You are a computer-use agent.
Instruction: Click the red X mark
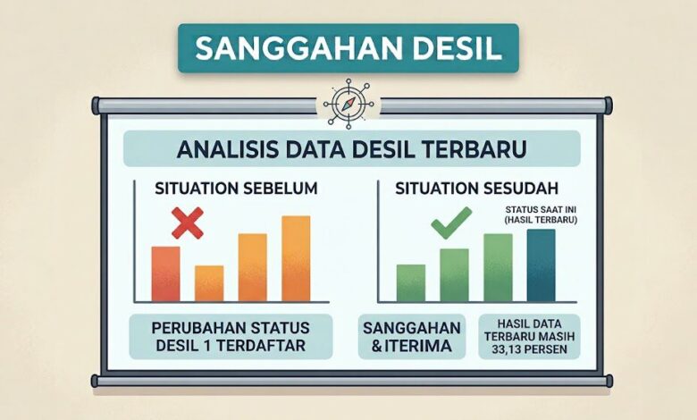pos(188,223)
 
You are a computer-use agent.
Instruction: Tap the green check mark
pos(451,223)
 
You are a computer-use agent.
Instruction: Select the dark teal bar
pos(541,265)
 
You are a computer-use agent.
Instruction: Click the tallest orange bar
pos(296,258)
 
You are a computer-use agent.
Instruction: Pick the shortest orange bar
pos(209,283)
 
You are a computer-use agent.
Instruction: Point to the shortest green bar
pos(411,283)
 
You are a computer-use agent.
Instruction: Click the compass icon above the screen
pos(348,105)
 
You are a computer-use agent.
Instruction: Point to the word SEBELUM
pos(281,189)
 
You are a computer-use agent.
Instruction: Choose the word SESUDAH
pos(521,189)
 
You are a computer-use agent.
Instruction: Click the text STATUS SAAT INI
pos(541,210)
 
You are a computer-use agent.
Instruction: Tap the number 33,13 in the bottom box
pos(508,349)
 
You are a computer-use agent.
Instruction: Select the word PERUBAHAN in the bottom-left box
pos(192,328)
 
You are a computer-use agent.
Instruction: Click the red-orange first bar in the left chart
pos(166,274)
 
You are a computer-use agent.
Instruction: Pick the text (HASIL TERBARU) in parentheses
pos(541,220)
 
